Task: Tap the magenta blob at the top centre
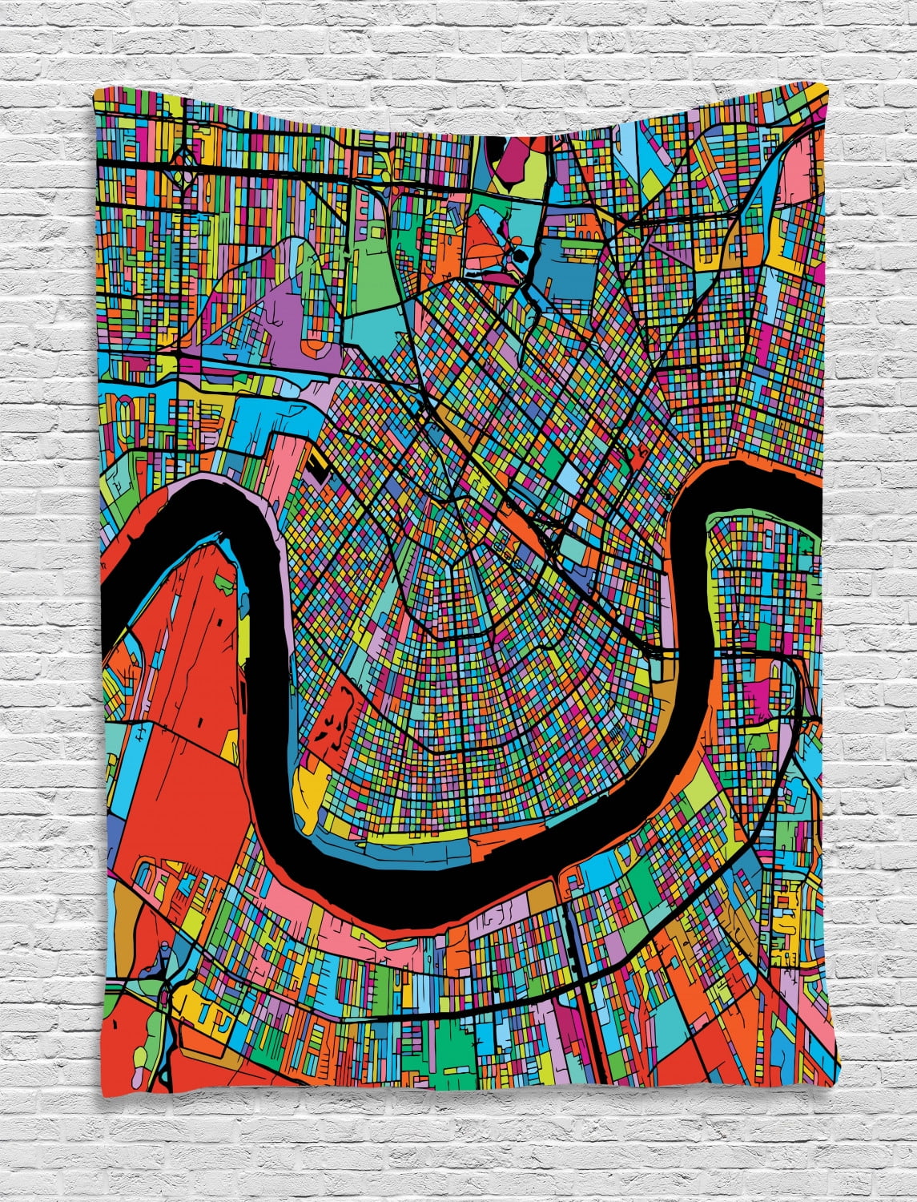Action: (x=503, y=164)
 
